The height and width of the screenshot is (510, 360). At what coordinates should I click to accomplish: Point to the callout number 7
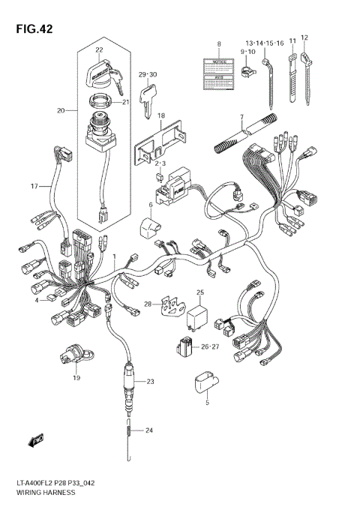(x=241, y=117)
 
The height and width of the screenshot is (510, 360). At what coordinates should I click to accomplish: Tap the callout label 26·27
(x=209, y=346)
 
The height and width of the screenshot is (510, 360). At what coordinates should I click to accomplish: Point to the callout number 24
(x=148, y=430)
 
